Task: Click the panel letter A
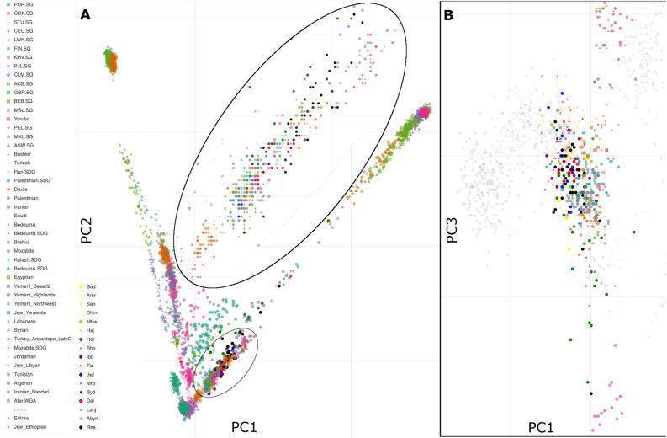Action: click(85, 14)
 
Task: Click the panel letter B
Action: click(448, 14)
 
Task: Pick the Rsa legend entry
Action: click(92, 427)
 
